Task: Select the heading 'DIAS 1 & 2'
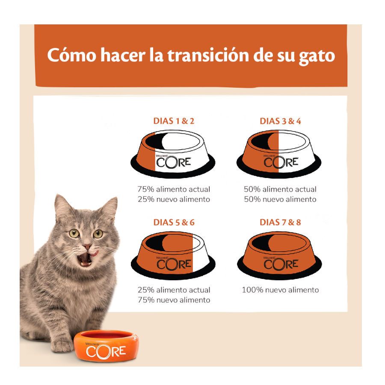click(174, 121)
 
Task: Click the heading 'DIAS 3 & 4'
click(280, 121)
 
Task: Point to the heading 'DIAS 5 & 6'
click(174, 222)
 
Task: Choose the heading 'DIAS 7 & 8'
click(280, 222)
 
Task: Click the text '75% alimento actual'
click(174, 189)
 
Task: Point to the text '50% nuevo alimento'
click(280, 199)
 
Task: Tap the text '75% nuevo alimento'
click(174, 300)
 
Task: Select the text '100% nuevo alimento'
click(280, 290)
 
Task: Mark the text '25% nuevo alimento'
click(174, 199)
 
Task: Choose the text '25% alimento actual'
click(174, 290)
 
